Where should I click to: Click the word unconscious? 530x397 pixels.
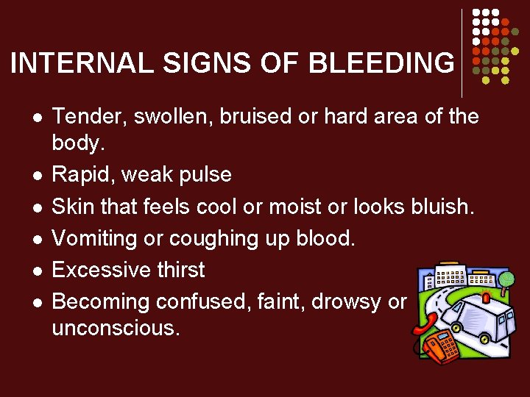click(116, 328)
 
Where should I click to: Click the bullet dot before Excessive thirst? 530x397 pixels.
click(35, 271)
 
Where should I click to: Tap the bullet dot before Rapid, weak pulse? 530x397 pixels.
click(35, 175)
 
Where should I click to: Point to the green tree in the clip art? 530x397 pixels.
click(506, 279)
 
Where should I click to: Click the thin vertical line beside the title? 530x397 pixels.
click(462, 54)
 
